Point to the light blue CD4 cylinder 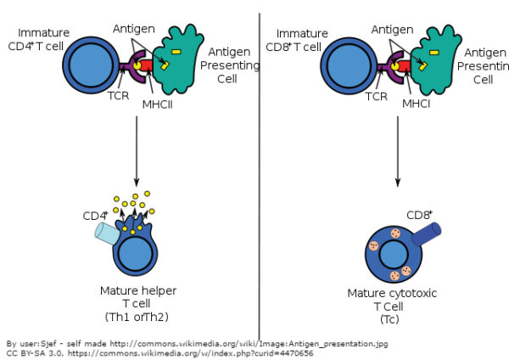[x=107, y=232]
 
